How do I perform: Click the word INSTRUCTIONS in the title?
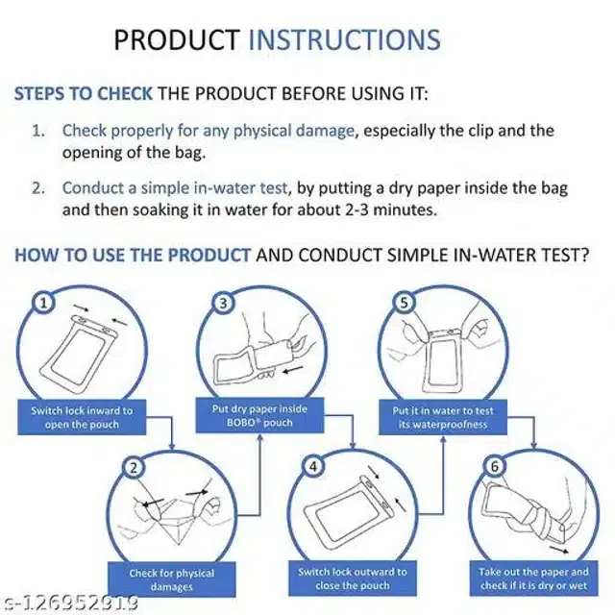tap(345, 39)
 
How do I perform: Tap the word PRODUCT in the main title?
tap(177, 39)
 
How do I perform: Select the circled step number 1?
tap(43, 303)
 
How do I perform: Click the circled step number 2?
tap(134, 468)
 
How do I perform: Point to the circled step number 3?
tap(224, 303)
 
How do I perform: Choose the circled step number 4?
tap(313, 466)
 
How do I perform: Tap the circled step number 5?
tap(404, 303)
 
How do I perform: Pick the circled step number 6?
tap(495, 466)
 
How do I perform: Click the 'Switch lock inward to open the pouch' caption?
tap(82, 417)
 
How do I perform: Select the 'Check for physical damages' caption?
tap(172, 579)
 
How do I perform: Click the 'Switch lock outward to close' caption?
tap(353, 578)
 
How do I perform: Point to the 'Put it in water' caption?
tap(443, 417)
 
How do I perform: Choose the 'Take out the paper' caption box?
tap(534, 578)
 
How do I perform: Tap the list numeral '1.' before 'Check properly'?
tap(38, 131)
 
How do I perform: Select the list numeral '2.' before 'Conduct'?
tap(38, 188)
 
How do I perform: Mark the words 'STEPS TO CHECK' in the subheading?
tap(84, 94)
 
